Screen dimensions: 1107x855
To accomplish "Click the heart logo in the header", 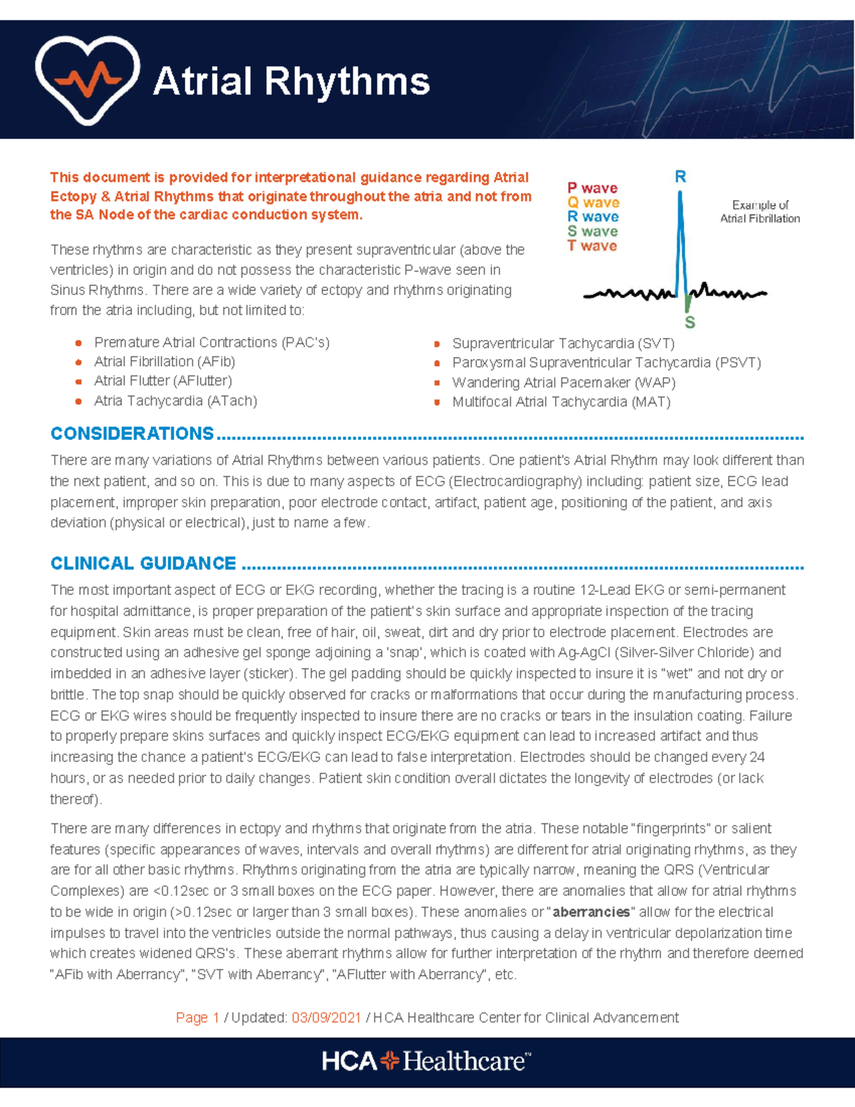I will click(x=87, y=79).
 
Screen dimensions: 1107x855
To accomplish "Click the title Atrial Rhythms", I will click(x=291, y=81).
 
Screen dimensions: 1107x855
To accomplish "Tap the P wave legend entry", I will click(x=592, y=188).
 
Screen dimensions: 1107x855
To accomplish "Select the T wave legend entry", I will click(x=592, y=246).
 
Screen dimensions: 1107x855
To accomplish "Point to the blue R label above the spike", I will click(x=680, y=177).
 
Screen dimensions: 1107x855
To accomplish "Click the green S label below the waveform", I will click(x=690, y=323).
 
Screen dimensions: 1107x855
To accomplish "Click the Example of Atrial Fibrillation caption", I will click(x=760, y=212).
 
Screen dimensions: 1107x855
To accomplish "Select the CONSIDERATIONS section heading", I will click(x=132, y=433).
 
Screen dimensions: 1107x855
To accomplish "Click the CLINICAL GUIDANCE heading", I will click(x=143, y=563).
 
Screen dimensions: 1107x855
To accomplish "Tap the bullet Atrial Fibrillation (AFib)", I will click(x=165, y=362).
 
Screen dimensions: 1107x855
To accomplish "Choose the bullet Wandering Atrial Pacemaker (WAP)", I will click(x=564, y=383).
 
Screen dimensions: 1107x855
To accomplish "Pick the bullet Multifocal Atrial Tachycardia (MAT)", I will click(x=561, y=402).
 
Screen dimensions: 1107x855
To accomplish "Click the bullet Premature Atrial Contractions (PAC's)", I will click(x=212, y=343).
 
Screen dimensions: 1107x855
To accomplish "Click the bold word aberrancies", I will click(x=591, y=912).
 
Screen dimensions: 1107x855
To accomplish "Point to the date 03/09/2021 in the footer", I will click(x=326, y=1018).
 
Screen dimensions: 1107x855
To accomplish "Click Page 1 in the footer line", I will click(x=197, y=1018).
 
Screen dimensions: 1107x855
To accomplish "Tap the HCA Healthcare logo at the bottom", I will click(x=426, y=1061).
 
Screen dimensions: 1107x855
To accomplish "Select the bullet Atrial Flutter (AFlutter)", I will click(x=162, y=381).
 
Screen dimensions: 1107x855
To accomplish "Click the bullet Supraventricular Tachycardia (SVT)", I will click(x=563, y=344).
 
